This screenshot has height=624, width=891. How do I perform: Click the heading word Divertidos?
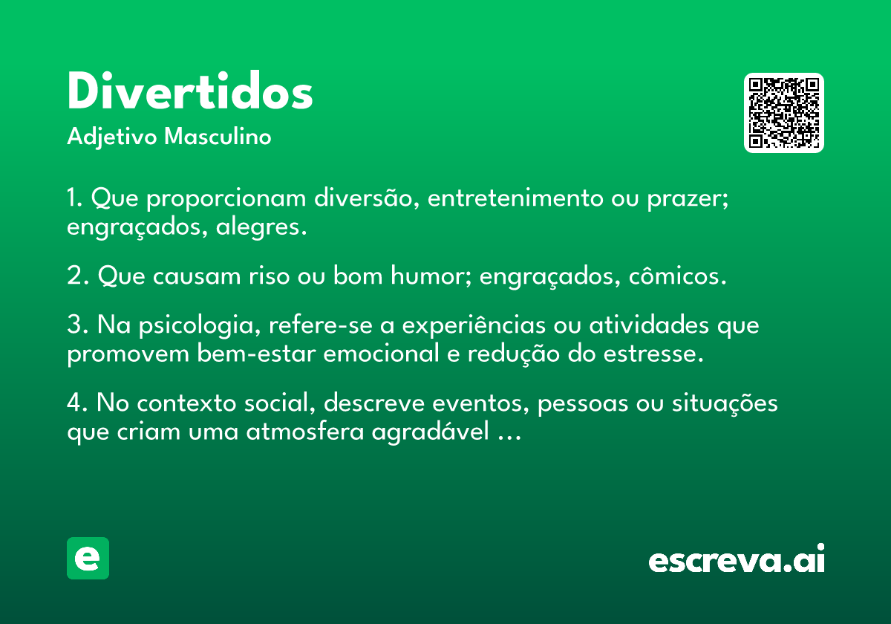click(190, 91)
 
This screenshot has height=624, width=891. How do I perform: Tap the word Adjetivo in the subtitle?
click(112, 137)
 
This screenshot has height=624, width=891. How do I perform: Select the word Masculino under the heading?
click(218, 136)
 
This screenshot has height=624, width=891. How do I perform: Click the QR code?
click(783, 113)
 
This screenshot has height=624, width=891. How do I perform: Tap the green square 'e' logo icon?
click(88, 558)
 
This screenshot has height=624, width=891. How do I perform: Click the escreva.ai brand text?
click(737, 559)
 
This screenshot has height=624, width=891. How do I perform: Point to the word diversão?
click(367, 198)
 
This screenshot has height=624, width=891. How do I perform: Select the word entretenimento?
click(515, 198)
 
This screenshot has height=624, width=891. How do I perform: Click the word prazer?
click(688, 199)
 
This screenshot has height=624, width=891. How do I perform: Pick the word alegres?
click(261, 227)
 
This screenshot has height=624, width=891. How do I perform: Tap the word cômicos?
click(677, 275)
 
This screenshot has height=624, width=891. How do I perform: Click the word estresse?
click(653, 354)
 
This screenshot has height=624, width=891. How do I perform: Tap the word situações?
click(725, 403)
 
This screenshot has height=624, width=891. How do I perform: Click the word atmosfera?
click(305, 432)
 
